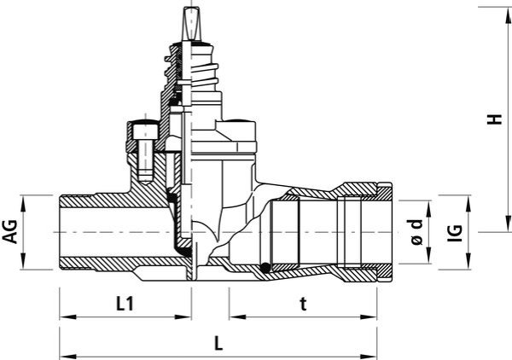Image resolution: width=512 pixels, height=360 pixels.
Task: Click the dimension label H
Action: (x=494, y=119)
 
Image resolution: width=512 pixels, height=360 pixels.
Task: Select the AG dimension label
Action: (x=10, y=231)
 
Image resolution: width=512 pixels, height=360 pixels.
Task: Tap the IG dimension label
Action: (x=455, y=233)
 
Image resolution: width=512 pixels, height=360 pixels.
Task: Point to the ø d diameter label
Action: (x=416, y=232)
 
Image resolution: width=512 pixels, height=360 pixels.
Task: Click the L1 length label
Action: (x=125, y=305)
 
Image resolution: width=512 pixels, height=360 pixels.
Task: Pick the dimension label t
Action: (x=304, y=305)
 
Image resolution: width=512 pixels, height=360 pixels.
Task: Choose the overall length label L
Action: (x=218, y=343)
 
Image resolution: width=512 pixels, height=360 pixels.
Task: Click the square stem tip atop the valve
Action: (x=189, y=24)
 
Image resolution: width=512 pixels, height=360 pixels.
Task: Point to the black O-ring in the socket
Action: (x=265, y=268)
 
